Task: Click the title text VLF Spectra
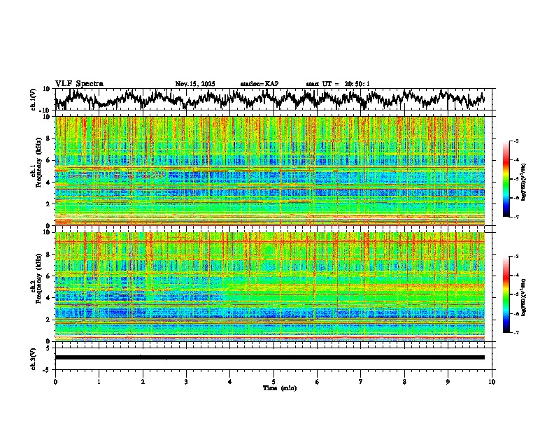(79, 83)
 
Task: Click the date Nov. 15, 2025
(195, 84)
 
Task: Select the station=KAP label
(260, 84)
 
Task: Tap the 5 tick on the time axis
(274, 381)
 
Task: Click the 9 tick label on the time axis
(448, 381)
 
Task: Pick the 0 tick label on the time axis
(55, 381)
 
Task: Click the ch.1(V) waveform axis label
(34, 99)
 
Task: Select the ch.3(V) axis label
(34, 357)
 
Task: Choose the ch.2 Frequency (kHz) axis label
(36, 287)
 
